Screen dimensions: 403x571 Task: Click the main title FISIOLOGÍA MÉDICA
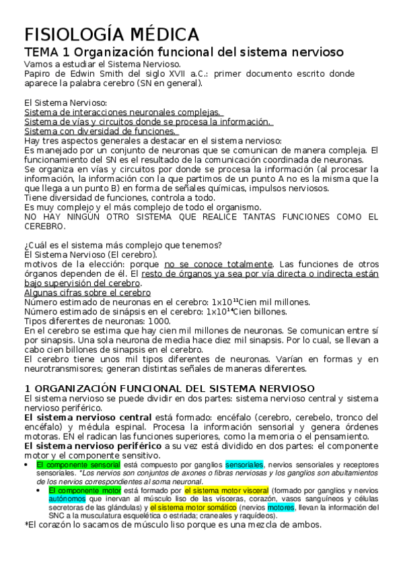coord(112,34)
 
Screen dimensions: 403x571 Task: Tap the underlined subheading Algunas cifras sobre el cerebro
coord(87,292)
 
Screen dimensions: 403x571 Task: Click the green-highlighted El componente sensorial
coord(78,465)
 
